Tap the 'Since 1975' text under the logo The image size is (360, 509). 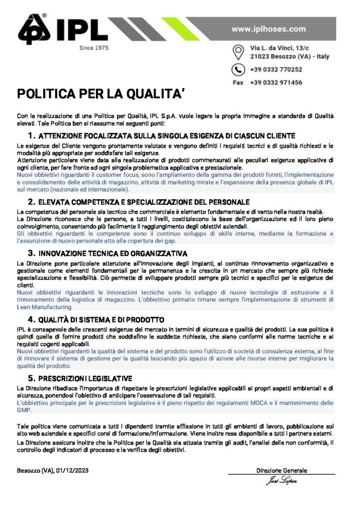point(94,48)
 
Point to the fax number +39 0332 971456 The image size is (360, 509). point(276,83)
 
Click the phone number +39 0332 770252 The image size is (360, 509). point(276,70)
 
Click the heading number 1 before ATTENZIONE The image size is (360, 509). point(31,135)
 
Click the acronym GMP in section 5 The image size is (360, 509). point(24,411)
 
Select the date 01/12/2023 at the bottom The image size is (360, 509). point(73,470)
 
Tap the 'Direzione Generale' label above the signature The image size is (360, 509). point(281,470)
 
